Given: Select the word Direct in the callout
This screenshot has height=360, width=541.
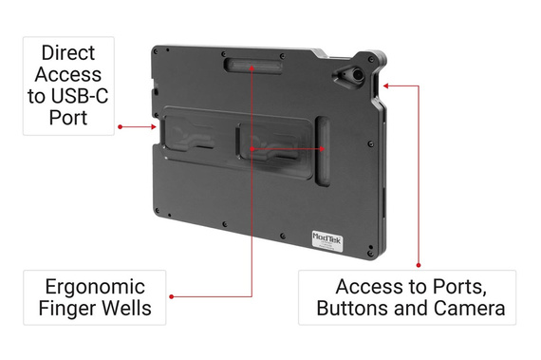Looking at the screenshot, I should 68,53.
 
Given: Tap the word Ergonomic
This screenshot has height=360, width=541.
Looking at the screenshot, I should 95,287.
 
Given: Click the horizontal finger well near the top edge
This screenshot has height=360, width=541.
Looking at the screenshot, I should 252,66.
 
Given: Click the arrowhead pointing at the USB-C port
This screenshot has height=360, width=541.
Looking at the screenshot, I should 154,125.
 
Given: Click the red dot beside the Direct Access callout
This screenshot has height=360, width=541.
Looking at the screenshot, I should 120,125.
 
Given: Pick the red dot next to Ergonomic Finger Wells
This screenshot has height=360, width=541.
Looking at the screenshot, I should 171,296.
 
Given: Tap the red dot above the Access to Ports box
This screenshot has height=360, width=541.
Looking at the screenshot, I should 419,265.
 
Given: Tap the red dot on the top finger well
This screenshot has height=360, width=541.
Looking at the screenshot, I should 252,67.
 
